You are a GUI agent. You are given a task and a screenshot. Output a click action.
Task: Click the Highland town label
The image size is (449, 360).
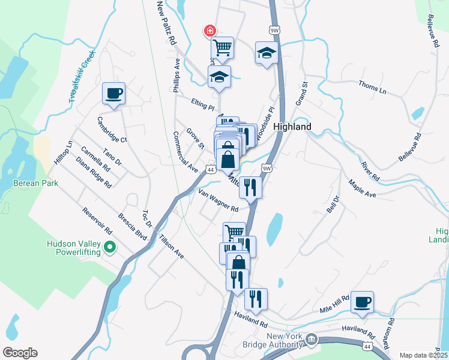click(x=292, y=127)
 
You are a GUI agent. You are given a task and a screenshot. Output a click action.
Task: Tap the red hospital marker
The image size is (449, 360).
click(x=209, y=30)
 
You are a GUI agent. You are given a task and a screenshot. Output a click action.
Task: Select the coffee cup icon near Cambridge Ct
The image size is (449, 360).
click(x=113, y=94)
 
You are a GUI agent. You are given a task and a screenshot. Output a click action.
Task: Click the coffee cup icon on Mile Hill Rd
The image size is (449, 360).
click(x=361, y=302)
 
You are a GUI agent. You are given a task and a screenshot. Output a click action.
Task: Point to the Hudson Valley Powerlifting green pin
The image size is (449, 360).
click(x=110, y=247)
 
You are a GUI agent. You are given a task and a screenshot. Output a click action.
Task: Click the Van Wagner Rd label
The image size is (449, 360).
click(x=218, y=200)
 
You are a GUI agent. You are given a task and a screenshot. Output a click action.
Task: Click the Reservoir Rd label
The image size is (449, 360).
click(x=98, y=221)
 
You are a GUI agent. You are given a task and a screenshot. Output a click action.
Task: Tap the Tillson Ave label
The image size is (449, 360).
click(x=171, y=246)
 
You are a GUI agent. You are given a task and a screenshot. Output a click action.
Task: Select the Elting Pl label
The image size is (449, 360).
click(x=203, y=105)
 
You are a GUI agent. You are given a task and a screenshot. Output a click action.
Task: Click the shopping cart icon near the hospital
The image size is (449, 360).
click(x=222, y=47)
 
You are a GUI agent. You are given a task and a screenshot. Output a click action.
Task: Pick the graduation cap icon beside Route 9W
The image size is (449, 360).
click(x=266, y=53)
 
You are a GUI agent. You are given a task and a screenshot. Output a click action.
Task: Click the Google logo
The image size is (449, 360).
click(x=20, y=353)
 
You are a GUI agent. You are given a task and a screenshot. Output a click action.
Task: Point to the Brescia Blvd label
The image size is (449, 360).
click(x=133, y=226)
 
